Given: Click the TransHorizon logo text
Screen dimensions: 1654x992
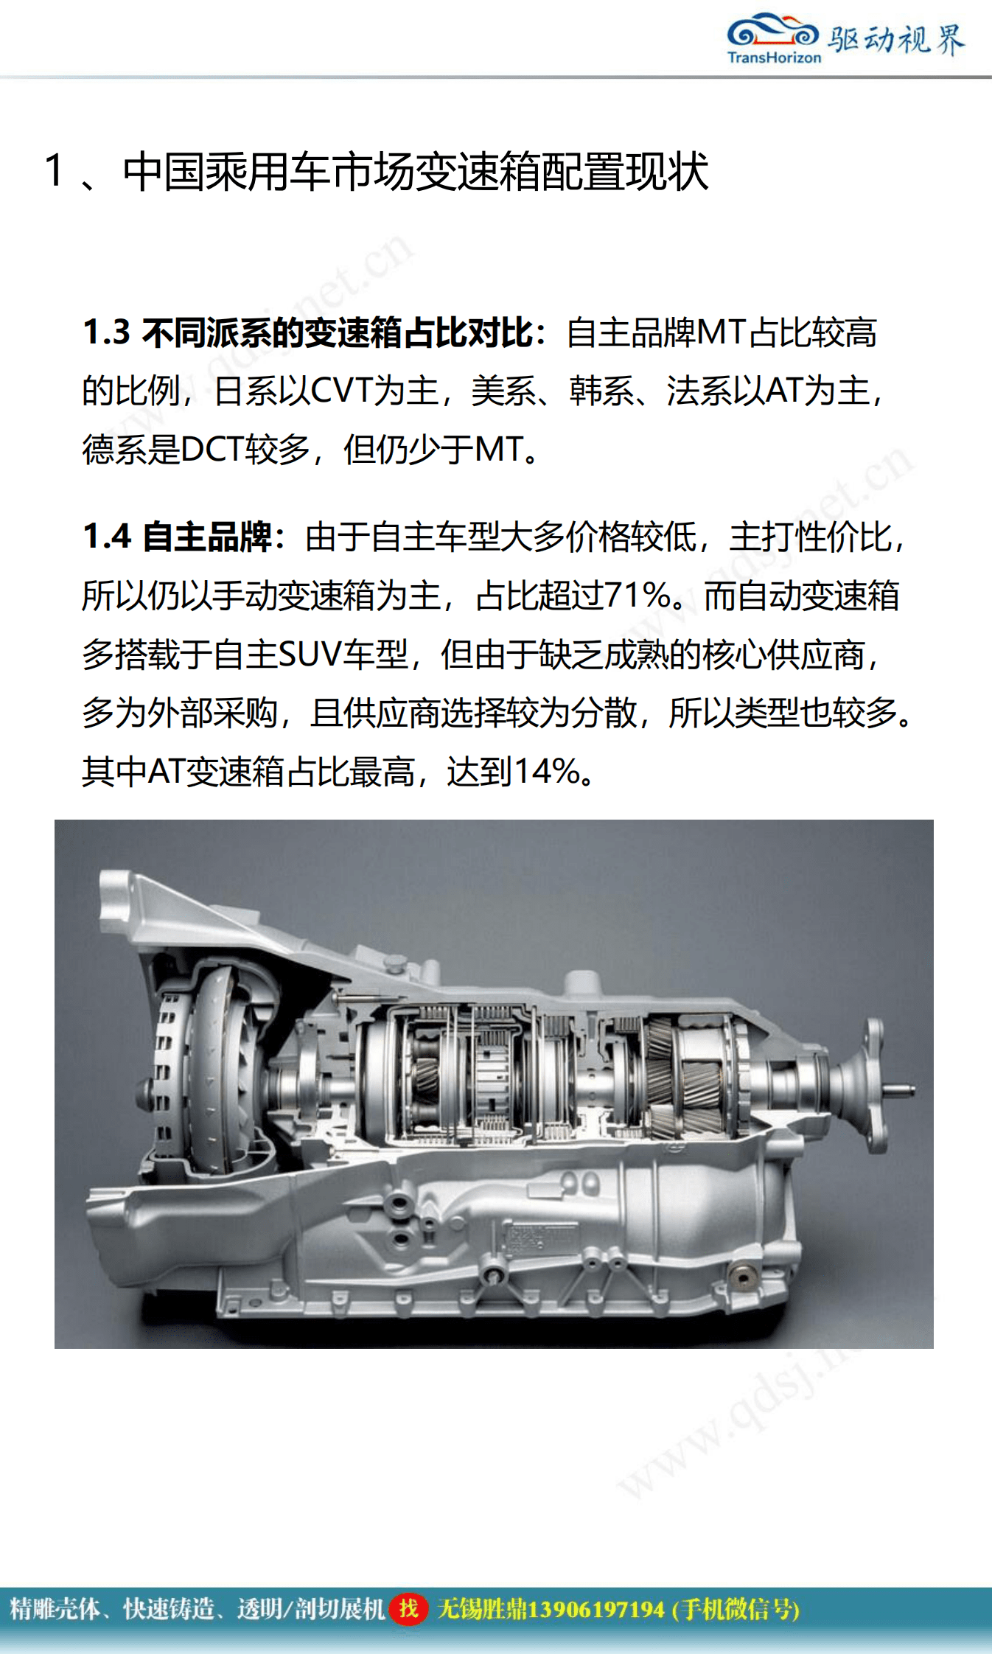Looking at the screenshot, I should click(774, 57).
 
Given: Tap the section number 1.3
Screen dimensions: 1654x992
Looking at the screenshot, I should click(106, 332).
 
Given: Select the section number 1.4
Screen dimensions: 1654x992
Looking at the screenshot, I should click(106, 537).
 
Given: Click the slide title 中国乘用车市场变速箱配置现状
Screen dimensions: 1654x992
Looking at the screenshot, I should click(416, 172).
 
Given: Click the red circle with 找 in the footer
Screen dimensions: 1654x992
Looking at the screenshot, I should click(408, 1608).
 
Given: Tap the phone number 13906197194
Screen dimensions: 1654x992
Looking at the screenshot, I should click(595, 1609).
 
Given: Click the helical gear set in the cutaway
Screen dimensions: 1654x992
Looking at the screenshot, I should click(682, 1076).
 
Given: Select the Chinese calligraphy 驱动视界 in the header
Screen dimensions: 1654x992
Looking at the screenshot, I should click(895, 39).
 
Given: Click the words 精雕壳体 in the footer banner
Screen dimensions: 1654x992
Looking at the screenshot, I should click(55, 1609).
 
